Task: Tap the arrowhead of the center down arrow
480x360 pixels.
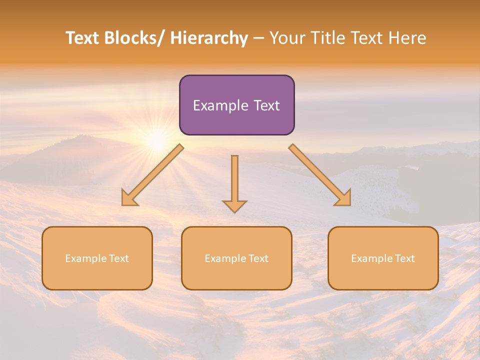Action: point(234,206)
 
